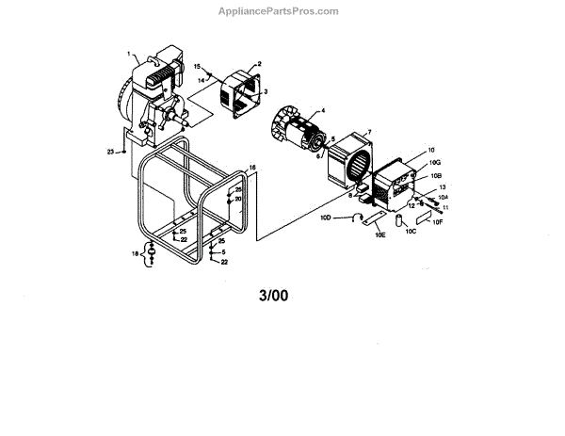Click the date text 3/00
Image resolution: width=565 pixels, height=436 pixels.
[273, 295]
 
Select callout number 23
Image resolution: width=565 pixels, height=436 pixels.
[111, 152]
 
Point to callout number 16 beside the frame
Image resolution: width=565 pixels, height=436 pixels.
[251, 167]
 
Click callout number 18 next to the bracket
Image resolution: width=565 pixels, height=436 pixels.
[136, 254]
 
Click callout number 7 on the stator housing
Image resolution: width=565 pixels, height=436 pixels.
[369, 133]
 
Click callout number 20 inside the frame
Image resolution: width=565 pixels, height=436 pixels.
[238, 199]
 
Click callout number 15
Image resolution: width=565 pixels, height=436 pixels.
[199, 67]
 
